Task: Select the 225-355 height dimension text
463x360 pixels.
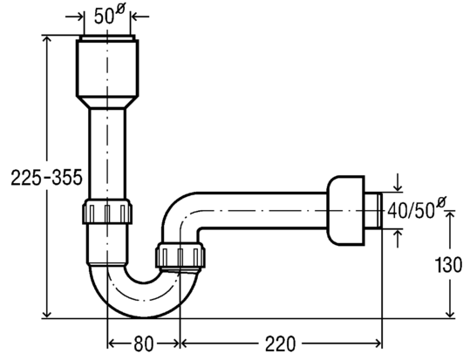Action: coord(46,178)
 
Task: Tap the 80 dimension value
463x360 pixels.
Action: coord(144,343)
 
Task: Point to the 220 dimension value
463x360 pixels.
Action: coord(280,343)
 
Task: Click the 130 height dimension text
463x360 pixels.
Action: coord(448,265)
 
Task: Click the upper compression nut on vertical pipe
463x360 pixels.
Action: coord(107,212)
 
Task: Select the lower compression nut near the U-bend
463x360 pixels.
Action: coord(180,255)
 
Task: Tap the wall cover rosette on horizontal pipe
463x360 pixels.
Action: coord(346,210)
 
